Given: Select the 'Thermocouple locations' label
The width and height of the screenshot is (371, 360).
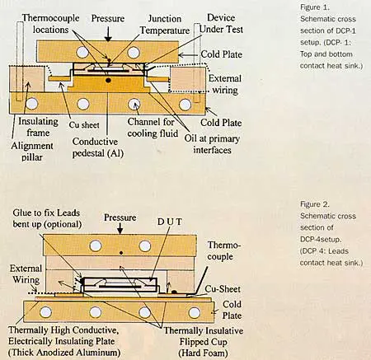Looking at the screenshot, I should click(x=49, y=22).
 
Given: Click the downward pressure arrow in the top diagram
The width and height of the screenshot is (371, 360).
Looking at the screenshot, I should click(x=109, y=30).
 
